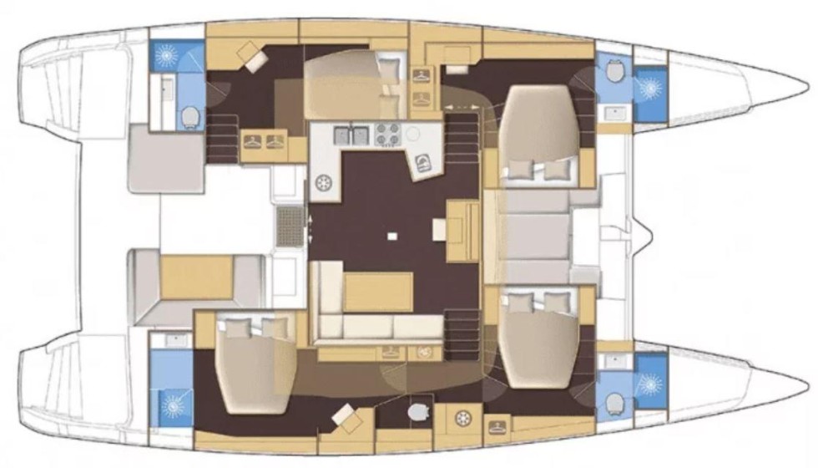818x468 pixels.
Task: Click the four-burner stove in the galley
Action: click(386, 135)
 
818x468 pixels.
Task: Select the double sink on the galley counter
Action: click(351, 135)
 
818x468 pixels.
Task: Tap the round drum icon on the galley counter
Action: click(326, 184)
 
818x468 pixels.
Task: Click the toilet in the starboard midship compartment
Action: click(419, 412)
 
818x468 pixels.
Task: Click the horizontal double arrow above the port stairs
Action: click(457, 107)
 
